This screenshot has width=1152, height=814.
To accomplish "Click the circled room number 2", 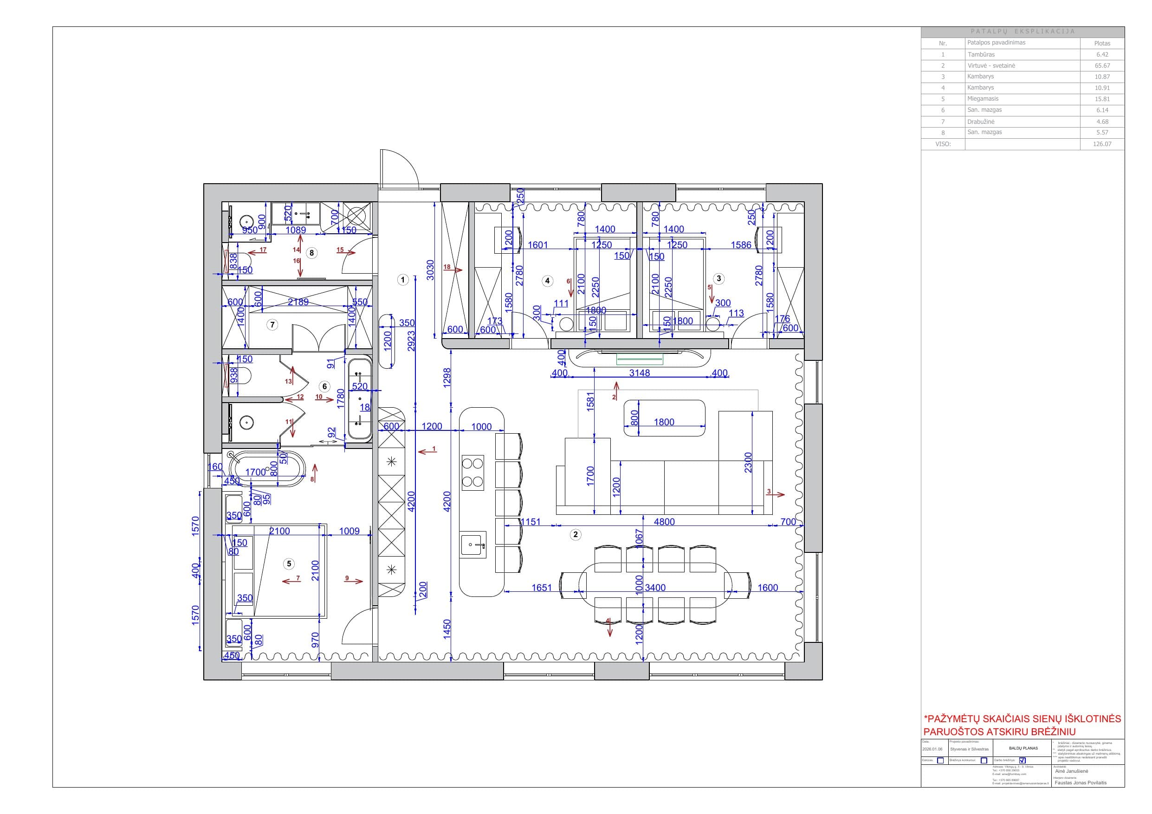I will coord(575,534).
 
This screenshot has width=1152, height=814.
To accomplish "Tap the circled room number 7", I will coord(272,325).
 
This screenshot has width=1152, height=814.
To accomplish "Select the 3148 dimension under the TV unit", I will coord(639,372).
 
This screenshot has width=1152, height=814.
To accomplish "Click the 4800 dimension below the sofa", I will coord(664,522).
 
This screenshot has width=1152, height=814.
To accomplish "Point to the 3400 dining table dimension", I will coord(655,587).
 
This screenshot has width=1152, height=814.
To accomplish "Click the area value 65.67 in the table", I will coord(1102,66).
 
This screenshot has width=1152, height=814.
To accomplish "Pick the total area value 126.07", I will coord(1102,144).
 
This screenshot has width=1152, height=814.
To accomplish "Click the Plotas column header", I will coord(1102,44).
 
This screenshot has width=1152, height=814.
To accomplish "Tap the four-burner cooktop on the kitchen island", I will coord(472,473).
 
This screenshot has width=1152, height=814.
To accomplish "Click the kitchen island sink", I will coord(473,544).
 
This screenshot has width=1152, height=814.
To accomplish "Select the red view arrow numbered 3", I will coord(776,494).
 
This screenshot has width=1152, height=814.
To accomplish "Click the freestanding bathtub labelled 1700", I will coord(267,468).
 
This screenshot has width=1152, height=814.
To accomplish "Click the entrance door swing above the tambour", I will coord(399,168).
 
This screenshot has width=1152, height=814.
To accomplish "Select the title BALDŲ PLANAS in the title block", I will coord(1023,748).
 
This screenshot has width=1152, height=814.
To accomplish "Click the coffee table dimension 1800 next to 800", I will coord(664,422).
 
